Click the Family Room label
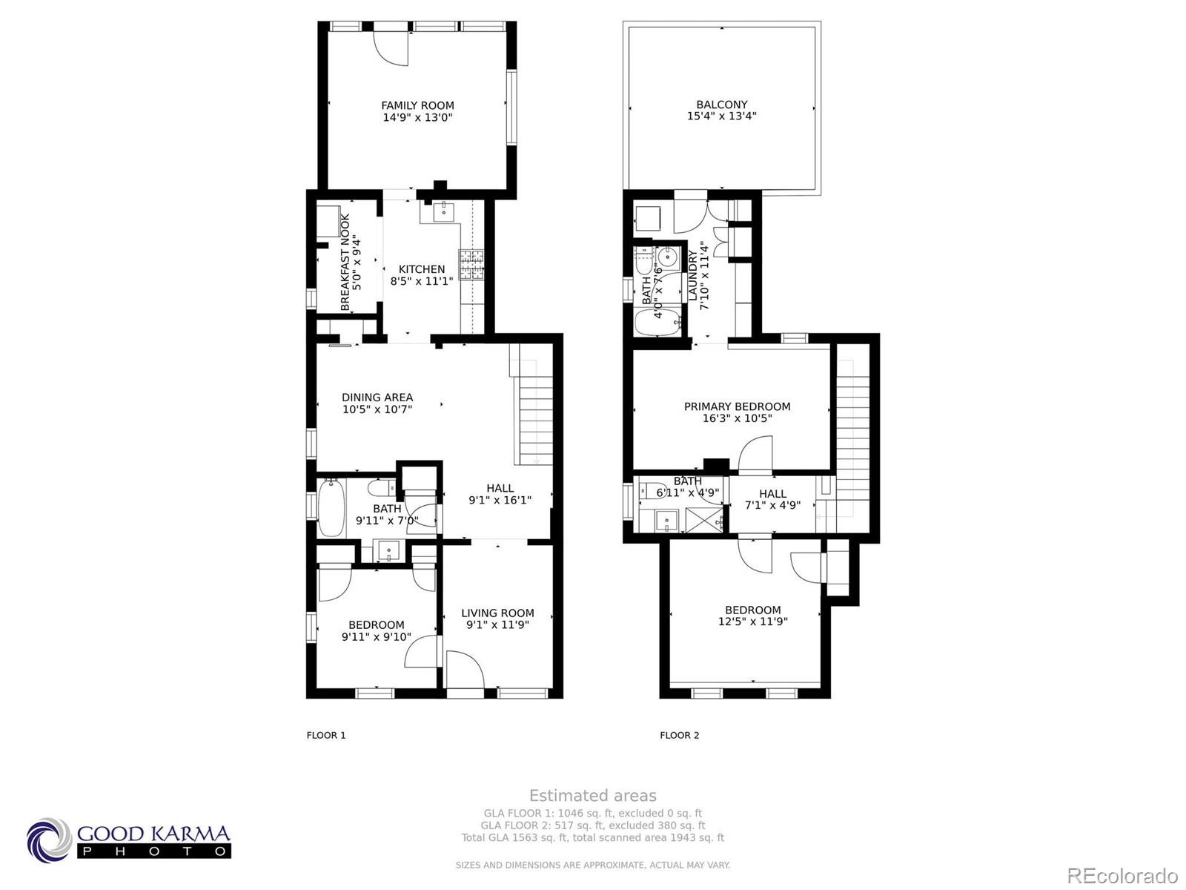coord(417,105)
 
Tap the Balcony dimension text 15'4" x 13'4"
coord(721,116)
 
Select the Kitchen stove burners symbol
coord(471,265)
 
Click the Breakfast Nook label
coord(345,262)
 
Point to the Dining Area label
coord(377,398)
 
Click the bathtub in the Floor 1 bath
coord(330,508)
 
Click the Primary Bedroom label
coord(737,406)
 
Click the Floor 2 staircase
coord(852,430)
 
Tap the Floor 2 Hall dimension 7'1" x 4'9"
coord(772,506)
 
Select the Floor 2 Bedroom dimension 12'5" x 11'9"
coord(752,622)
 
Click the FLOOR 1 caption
coord(326,735)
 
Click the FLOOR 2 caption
coord(680,735)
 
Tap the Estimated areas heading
coord(592,796)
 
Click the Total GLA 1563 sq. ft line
coord(592,838)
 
